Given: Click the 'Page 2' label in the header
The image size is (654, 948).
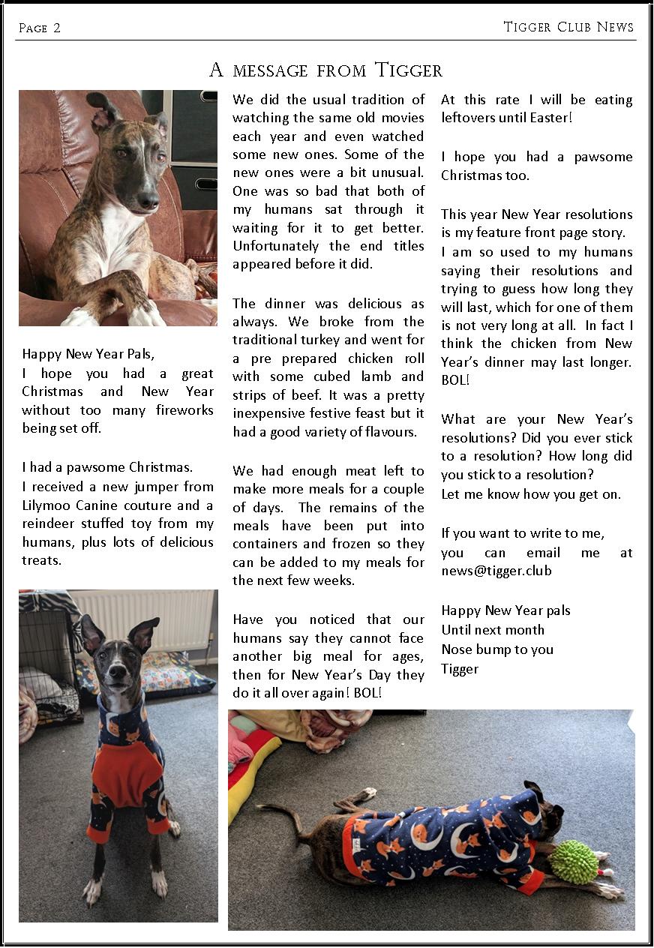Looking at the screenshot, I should click(39, 28).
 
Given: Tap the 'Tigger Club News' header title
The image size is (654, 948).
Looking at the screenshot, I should click(568, 27).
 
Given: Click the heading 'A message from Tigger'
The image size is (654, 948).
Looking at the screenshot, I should click(325, 70).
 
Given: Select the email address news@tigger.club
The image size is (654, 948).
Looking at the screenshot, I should click(496, 570).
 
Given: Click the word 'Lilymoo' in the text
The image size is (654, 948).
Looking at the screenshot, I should click(47, 505).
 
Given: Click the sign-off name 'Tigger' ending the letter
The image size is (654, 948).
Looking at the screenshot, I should click(459, 668).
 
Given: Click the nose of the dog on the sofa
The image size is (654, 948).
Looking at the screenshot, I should click(150, 200).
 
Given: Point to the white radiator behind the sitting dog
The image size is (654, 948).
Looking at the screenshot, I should click(142, 619).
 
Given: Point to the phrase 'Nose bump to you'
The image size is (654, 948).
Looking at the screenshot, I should click(496, 649).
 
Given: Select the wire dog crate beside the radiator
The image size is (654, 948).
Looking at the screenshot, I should click(46, 660).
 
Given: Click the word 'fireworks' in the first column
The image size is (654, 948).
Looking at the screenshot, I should click(184, 410).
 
